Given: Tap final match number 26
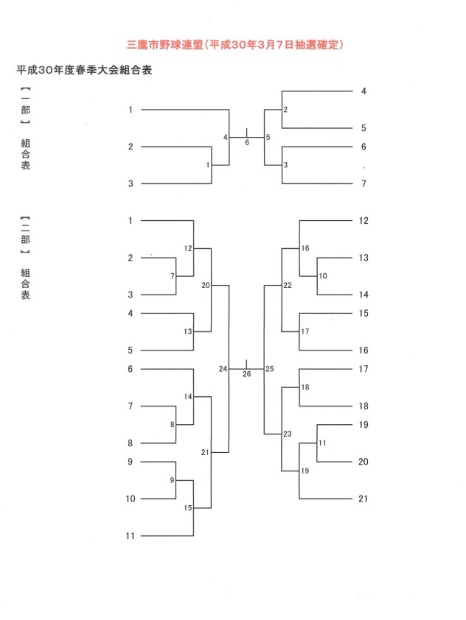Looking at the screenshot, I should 246,374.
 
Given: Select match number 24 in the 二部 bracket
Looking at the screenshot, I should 223,368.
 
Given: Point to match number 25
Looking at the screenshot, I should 270,368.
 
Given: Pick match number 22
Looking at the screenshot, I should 288,285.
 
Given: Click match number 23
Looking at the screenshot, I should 288,434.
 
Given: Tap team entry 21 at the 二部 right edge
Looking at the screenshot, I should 363,499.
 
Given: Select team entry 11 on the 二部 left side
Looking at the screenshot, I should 131,536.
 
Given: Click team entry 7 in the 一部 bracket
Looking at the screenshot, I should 364,183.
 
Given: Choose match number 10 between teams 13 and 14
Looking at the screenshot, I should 323,276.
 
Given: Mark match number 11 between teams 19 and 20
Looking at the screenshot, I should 322,443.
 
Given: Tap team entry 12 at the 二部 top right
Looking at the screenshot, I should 363,220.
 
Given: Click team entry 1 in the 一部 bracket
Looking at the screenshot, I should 131,110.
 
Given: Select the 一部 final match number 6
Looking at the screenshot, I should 247,143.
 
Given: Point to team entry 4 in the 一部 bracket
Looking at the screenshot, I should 364,91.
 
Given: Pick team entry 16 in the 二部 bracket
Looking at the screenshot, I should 363,350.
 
